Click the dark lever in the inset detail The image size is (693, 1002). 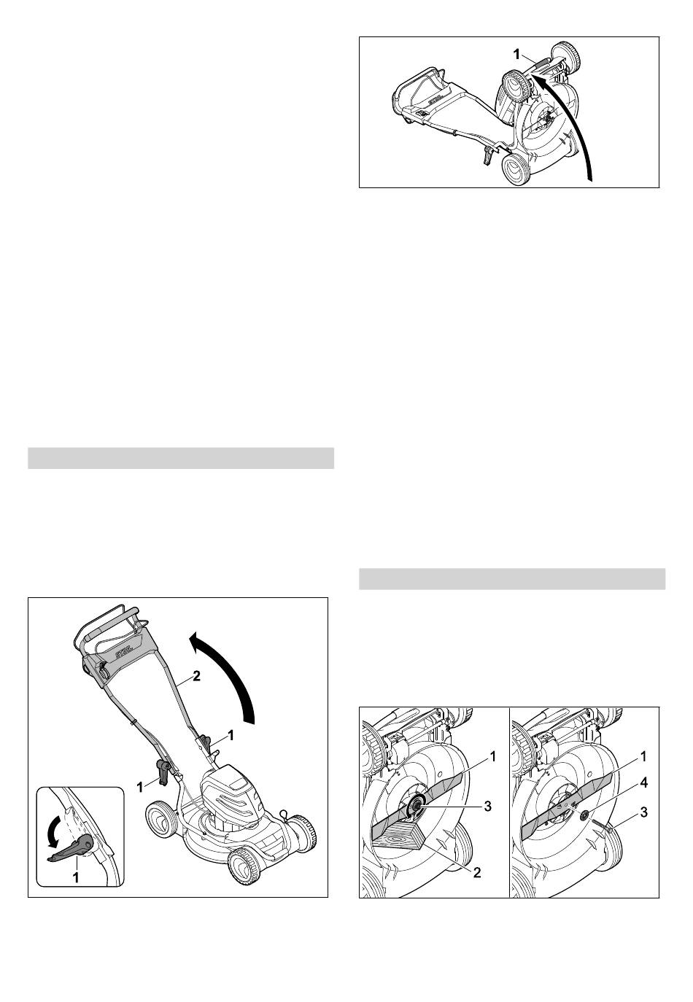tap(71, 843)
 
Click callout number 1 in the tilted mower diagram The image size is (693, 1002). tap(516, 55)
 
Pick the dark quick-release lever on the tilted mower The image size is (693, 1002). tap(487, 157)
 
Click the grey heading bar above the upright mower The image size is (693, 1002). tap(181, 458)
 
